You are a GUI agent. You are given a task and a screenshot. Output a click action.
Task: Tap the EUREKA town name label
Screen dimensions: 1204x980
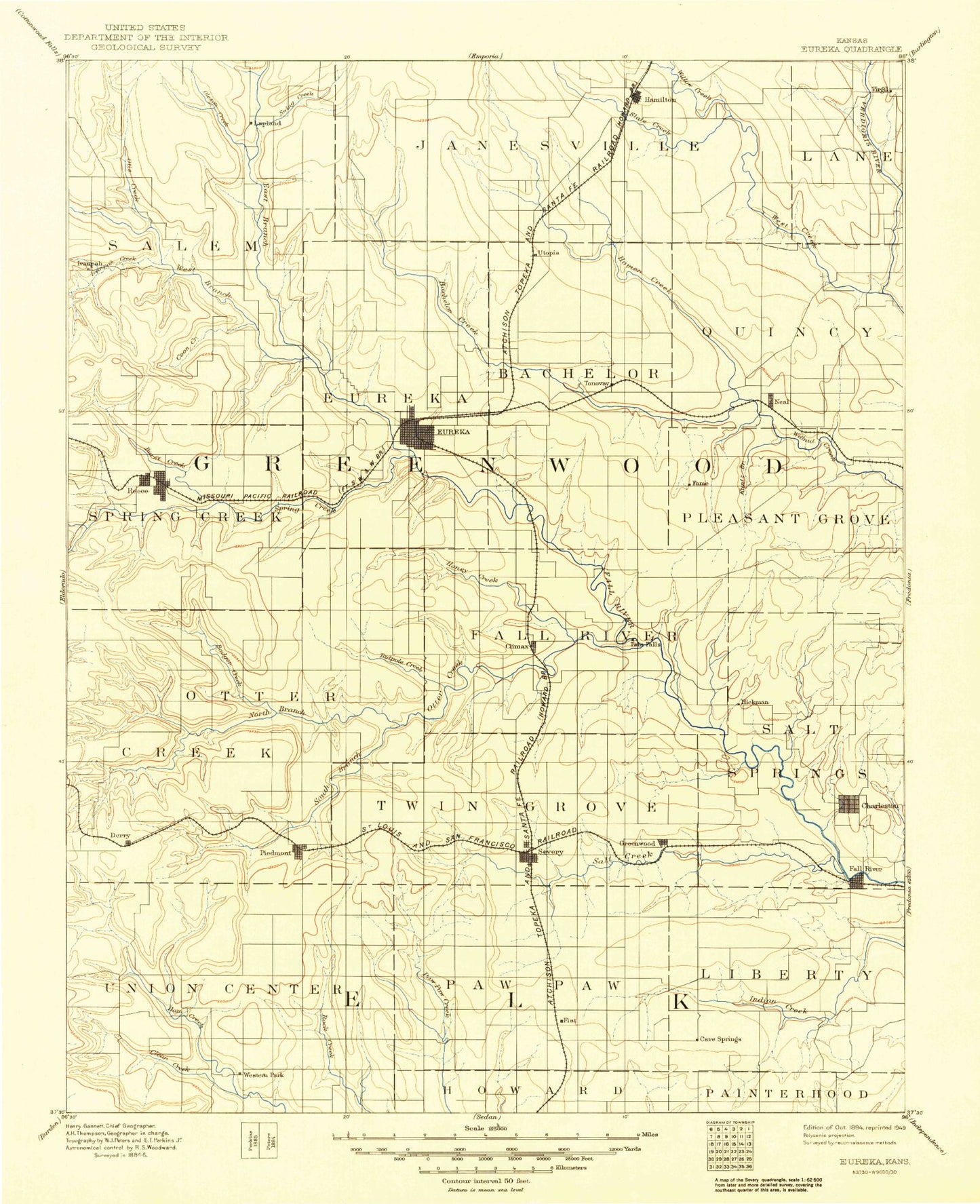[x=453, y=431]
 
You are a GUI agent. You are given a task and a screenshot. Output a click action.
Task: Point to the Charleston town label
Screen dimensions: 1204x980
[x=880, y=806]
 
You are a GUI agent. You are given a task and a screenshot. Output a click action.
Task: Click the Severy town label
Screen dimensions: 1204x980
[x=550, y=852]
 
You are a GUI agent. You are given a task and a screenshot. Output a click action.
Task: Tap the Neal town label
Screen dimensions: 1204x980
[x=781, y=402]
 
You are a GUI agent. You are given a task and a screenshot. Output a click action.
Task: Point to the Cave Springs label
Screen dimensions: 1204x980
[x=720, y=1039]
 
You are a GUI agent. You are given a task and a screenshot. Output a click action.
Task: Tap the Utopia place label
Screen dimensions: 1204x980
[x=548, y=253]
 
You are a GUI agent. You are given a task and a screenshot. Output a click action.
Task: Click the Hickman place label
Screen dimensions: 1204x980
[x=755, y=702]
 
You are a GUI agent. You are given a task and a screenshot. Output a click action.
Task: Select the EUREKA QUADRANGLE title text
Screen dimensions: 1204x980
[x=851, y=49]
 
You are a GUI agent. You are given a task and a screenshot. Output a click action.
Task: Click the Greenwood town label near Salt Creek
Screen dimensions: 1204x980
[x=638, y=843]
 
